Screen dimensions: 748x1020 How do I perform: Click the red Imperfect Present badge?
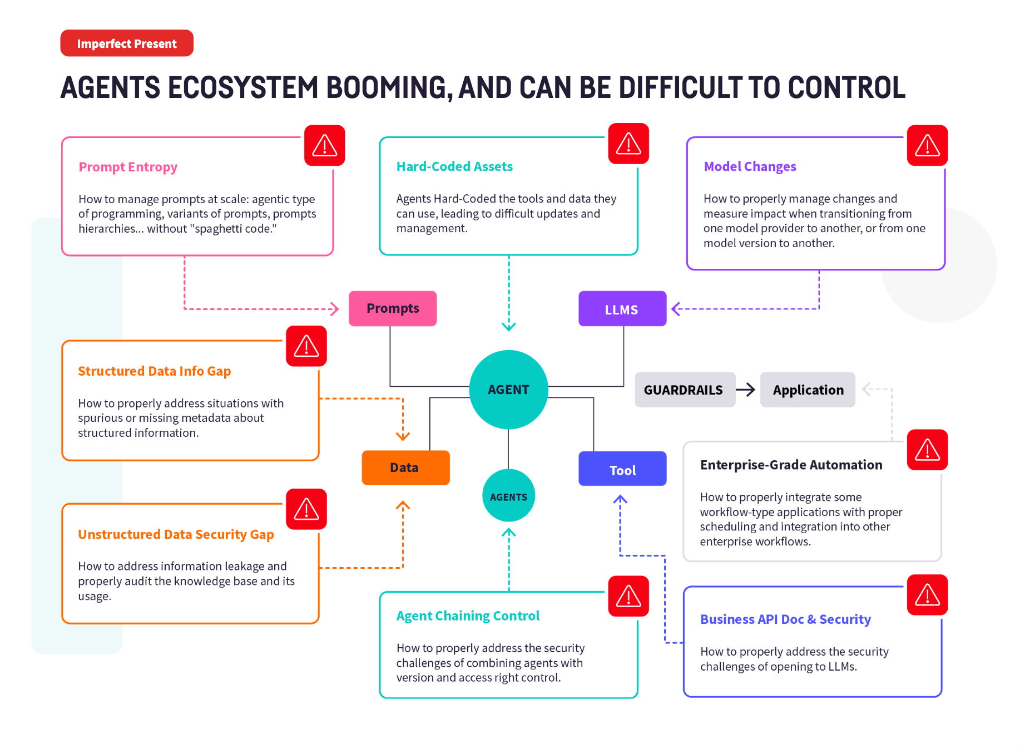(x=127, y=43)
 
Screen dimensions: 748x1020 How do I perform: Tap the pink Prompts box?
(x=393, y=308)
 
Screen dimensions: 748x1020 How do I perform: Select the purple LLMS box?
(x=622, y=309)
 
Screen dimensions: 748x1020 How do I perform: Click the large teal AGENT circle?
(x=508, y=390)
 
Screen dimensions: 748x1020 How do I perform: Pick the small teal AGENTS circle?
(x=508, y=496)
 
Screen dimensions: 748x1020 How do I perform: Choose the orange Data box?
(x=405, y=467)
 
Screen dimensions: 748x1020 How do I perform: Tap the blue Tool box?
(x=622, y=469)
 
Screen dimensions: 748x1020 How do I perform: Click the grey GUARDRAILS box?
(x=684, y=390)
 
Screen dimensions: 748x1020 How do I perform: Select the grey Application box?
(x=808, y=390)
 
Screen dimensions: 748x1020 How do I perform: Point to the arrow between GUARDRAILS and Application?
(x=746, y=390)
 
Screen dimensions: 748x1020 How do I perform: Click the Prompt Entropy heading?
(x=128, y=167)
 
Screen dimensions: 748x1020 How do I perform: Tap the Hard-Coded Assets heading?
(x=454, y=166)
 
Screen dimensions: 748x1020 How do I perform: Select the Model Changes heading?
(x=750, y=166)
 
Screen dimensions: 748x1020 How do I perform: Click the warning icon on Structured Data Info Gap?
(x=306, y=346)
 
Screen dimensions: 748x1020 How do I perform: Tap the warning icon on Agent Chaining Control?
(x=628, y=596)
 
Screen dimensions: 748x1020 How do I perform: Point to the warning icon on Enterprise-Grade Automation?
(x=927, y=450)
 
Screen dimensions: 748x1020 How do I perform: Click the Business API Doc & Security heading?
(x=785, y=619)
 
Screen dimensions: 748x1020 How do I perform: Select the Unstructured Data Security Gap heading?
(x=176, y=534)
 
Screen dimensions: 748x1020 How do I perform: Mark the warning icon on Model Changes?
(x=927, y=145)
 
